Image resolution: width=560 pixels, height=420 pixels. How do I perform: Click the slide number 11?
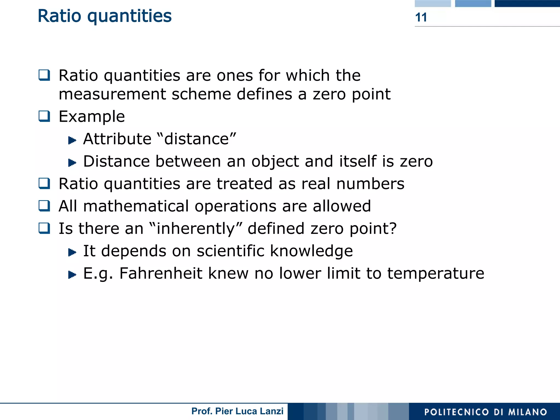(421, 17)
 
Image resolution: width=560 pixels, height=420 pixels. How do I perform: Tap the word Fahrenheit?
(161, 273)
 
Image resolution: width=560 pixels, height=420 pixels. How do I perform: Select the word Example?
(92, 117)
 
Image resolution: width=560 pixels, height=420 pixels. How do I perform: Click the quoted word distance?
(197, 139)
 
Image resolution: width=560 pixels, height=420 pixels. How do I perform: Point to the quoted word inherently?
(196, 229)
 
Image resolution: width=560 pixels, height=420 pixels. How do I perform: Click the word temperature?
(436, 273)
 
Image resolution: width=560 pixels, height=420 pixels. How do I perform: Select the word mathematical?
(136, 206)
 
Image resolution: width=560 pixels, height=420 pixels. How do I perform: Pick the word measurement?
(112, 94)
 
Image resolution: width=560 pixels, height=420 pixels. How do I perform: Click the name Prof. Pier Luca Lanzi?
(237, 411)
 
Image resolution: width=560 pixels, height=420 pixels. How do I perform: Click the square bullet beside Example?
(44, 116)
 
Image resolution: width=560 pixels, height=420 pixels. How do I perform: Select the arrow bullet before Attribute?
(72, 140)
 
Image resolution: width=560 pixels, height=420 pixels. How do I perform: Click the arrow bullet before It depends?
(72, 252)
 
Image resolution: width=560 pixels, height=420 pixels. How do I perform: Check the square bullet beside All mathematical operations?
(44, 206)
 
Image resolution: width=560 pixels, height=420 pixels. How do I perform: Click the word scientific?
(230, 251)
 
